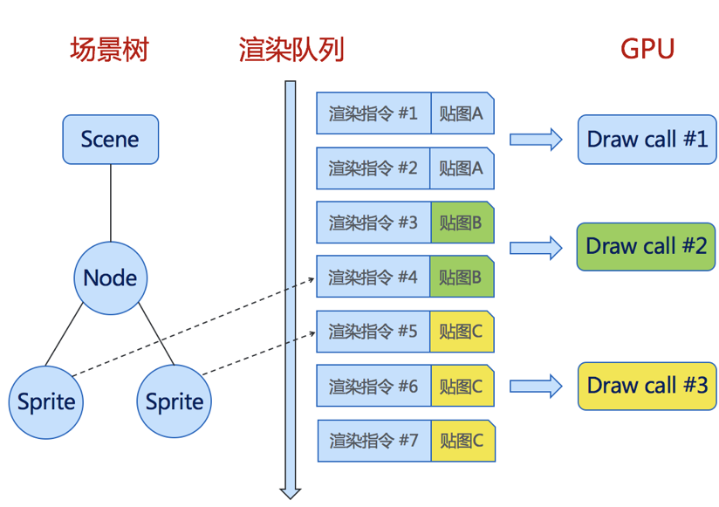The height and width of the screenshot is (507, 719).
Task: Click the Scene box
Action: click(x=110, y=140)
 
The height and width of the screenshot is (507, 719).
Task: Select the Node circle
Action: click(x=110, y=277)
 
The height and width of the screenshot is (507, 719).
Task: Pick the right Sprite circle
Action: click(x=175, y=402)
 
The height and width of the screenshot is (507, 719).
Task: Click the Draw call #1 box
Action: click(x=647, y=139)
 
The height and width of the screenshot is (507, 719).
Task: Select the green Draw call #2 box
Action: click(x=646, y=246)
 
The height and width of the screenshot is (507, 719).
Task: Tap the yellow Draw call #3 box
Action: click(x=647, y=386)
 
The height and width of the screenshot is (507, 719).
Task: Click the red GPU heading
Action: click(x=647, y=48)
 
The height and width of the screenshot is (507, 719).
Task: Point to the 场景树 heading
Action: click(x=109, y=50)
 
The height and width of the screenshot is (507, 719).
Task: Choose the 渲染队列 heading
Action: click(x=291, y=50)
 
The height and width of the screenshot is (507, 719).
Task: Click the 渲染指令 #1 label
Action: click(x=373, y=113)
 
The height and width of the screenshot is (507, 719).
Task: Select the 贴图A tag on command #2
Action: click(x=462, y=168)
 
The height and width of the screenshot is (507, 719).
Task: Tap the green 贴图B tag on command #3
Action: click(x=462, y=223)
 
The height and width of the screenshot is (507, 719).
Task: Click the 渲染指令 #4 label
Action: click(x=373, y=277)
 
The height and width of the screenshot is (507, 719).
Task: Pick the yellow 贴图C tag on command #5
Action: click(x=462, y=332)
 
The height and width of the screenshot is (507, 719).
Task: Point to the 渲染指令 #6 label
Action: click(x=373, y=387)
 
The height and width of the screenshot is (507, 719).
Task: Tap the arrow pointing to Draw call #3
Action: click(x=535, y=386)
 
